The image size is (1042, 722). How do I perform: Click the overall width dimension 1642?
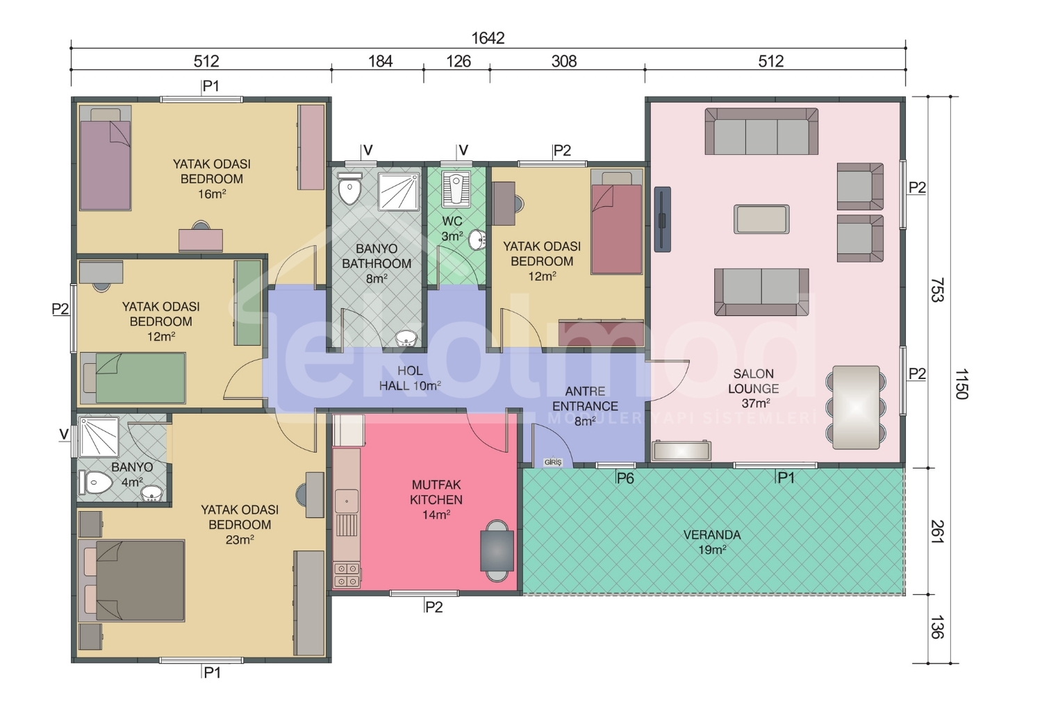[x=488, y=38]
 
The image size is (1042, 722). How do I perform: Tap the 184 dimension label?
[x=381, y=61]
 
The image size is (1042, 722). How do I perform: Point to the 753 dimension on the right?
[x=937, y=290]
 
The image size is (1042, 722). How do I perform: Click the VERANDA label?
[x=712, y=535]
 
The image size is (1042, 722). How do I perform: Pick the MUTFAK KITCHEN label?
[x=436, y=492]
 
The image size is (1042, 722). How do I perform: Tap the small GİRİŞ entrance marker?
[x=553, y=462]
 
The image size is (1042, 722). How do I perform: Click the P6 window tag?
[x=625, y=478]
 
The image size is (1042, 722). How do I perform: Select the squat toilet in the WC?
[x=456, y=189]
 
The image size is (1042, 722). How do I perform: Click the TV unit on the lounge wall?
[x=663, y=219]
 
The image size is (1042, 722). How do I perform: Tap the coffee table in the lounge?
[x=761, y=219]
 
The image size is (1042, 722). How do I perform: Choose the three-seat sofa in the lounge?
[x=761, y=131]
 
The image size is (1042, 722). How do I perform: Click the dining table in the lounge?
[x=856, y=408]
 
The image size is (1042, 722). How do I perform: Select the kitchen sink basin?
[x=347, y=501]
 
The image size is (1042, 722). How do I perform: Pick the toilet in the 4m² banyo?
[x=95, y=482]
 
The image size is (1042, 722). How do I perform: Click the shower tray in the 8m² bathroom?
[x=399, y=191]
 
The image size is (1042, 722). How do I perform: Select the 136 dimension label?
[x=937, y=627]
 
